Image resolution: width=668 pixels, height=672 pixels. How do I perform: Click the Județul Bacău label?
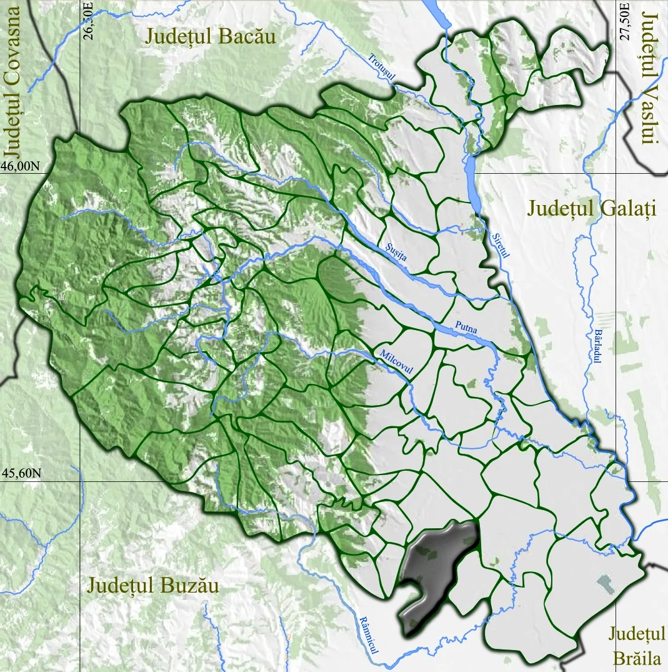click(210, 36)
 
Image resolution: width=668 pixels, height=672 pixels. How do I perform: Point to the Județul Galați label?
click(591, 208)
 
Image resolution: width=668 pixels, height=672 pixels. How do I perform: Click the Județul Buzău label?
click(154, 586)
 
